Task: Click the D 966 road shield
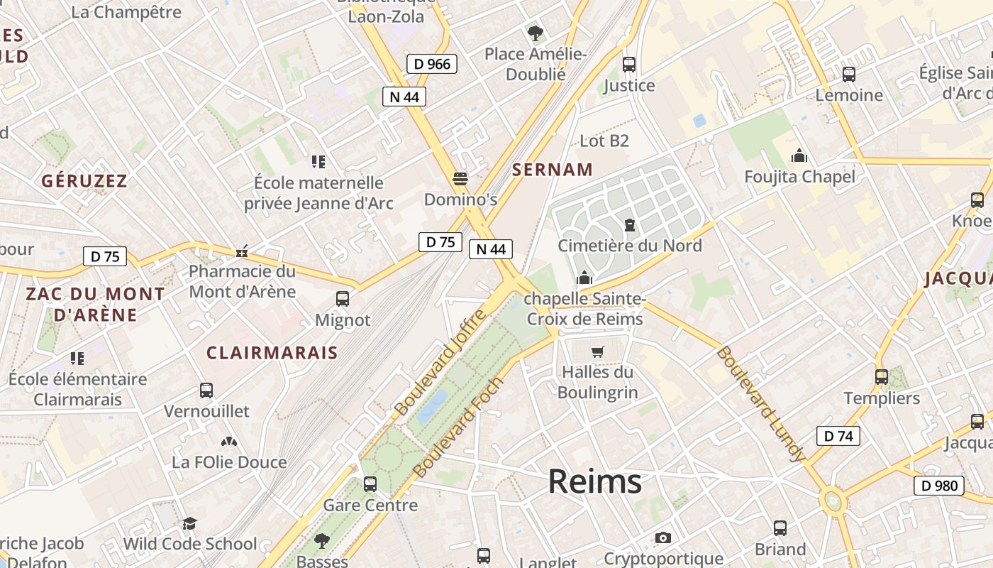pyautogui.click(x=432, y=64)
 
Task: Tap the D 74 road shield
pyautogui.click(x=838, y=436)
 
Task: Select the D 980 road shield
pyautogui.click(x=938, y=486)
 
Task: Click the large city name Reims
pyautogui.click(x=594, y=482)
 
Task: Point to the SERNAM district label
pyautogui.click(x=552, y=170)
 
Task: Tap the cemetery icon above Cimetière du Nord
pyautogui.click(x=629, y=226)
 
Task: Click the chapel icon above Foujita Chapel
pyautogui.click(x=799, y=155)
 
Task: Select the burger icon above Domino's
pyautogui.click(x=460, y=178)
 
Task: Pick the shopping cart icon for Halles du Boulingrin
pyautogui.click(x=598, y=351)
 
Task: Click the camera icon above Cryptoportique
pyautogui.click(x=663, y=538)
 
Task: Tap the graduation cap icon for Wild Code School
pyautogui.click(x=189, y=524)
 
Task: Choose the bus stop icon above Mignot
pyautogui.click(x=343, y=299)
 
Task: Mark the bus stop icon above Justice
pyautogui.click(x=628, y=65)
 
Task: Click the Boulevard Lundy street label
pyautogui.click(x=760, y=403)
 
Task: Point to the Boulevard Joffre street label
pyautogui.click(x=440, y=363)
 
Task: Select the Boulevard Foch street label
pyautogui.click(x=458, y=427)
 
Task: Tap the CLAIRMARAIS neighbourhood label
pyautogui.click(x=272, y=353)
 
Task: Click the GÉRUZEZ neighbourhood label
pyautogui.click(x=84, y=181)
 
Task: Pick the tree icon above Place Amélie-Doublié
pyautogui.click(x=535, y=33)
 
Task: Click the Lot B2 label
pyautogui.click(x=604, y=141)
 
